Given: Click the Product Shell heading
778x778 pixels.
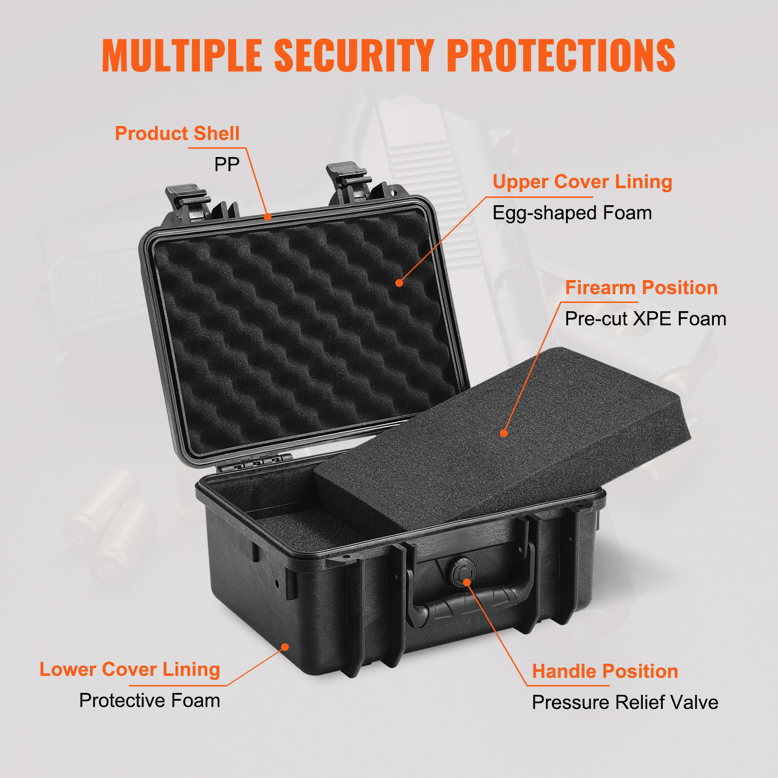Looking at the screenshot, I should click(x=177, y=133).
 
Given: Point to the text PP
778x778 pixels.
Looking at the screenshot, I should click(x=227, y=164).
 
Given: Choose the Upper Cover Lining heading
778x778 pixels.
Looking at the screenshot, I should click(x=582, y=182).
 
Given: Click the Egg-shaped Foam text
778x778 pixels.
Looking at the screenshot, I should click(x=572, y=213).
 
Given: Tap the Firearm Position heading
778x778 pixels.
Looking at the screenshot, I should click(x=641, y=288).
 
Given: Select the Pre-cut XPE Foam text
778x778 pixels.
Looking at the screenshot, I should click(x=645, y=319).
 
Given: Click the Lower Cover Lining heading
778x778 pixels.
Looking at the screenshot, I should click(x=129, y=670).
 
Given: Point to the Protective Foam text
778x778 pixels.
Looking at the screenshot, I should click(x=149, y=701).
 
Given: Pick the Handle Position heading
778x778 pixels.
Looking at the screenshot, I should click(x=605, y=672).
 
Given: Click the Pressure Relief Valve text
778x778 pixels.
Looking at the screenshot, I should click(x=625, y=703).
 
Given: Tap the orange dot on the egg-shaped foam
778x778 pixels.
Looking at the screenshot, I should click(x=399, y=283).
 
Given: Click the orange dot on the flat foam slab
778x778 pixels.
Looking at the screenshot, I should click(x=504, y=433).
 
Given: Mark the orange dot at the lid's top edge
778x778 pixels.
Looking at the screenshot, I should click(x=267, y=217).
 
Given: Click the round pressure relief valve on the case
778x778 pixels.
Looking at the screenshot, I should click(x=460, y=572).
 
